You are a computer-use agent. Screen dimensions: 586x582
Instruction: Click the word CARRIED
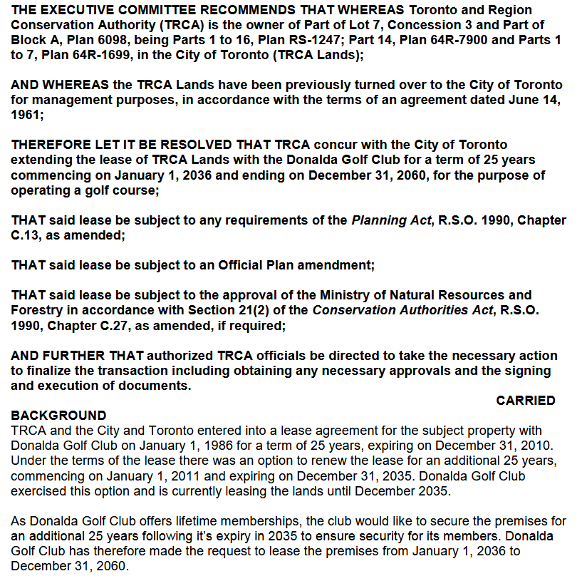tap(525, 401)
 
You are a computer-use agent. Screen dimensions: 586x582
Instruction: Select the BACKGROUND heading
tap(58, 415)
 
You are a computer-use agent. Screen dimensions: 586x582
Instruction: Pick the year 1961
tap(26, 114)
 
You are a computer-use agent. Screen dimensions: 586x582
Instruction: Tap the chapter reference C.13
tap(26, 235)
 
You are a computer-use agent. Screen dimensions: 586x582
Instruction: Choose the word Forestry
tap(37, 310)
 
